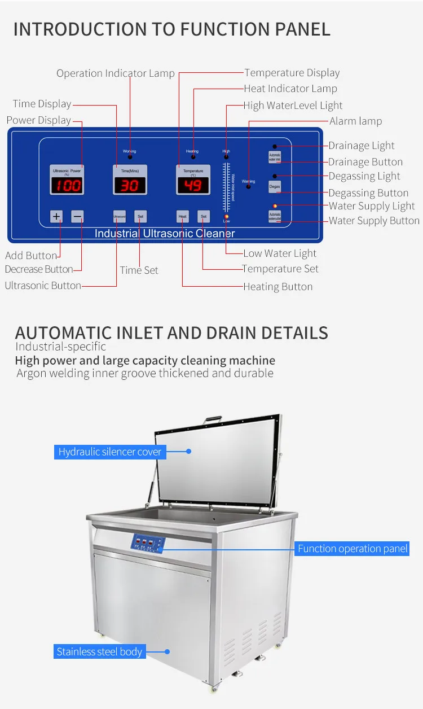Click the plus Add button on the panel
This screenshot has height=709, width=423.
[56, 216]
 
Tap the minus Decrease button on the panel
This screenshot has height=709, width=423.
[78, 216]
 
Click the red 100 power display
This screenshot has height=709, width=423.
[67, 185]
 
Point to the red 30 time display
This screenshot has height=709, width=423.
[130, 185]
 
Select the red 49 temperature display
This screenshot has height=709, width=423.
[193, 185]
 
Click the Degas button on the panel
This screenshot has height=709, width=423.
[275, 187]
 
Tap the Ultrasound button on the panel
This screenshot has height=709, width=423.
[119, 216]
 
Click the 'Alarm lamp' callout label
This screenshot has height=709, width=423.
[355, 121]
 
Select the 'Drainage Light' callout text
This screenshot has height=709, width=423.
[362, 146]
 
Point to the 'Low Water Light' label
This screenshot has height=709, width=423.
[280, 253]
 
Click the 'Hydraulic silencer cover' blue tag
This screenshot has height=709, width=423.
[110, 452]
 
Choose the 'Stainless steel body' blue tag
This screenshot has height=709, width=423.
[99, 652]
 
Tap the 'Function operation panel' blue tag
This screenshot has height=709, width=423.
[352, 549]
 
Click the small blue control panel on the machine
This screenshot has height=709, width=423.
[148, 544]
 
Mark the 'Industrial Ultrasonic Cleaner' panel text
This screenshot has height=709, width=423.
[164, 233]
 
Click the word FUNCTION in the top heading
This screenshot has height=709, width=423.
[221, 29]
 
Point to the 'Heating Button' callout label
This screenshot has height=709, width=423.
[277, 287]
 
